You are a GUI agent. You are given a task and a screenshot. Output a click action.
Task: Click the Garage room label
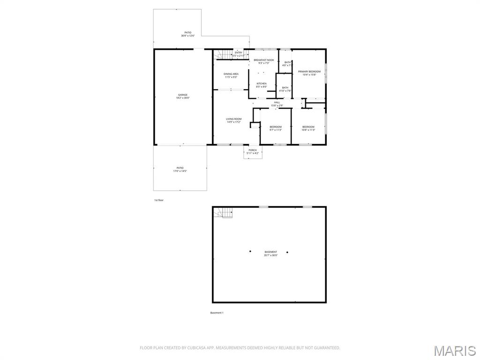point(182,97)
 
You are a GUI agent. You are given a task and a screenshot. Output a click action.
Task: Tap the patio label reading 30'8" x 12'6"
point(187,34)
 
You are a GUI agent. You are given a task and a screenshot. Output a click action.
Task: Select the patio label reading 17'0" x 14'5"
point(180,169)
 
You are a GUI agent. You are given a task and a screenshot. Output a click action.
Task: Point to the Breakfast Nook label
point(264,61)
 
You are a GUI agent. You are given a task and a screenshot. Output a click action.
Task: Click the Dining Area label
point(231,75)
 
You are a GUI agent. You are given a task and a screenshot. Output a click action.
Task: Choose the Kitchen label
point(261,85)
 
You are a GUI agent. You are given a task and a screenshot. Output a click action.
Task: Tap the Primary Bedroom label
point(309,73)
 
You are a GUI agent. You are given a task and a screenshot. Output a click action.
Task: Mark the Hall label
point(277,104)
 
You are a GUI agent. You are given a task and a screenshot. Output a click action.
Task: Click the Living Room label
point(233,120)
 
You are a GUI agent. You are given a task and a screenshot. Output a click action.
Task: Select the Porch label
point(253,151)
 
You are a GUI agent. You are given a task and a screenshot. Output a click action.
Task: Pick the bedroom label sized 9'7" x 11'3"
point(275,128)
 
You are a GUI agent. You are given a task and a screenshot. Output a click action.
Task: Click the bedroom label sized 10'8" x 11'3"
point(308,128)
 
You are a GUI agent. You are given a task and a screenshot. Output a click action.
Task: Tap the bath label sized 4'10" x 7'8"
point(285,89)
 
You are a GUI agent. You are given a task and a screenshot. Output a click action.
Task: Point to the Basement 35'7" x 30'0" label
point(270,254)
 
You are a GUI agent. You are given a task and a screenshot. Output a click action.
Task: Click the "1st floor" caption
point(159,200)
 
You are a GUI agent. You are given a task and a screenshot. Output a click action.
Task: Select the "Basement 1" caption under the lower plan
point(217,313)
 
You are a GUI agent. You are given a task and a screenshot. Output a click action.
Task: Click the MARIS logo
point(454,351)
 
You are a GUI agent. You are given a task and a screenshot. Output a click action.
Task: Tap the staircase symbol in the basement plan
point(224,213)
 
